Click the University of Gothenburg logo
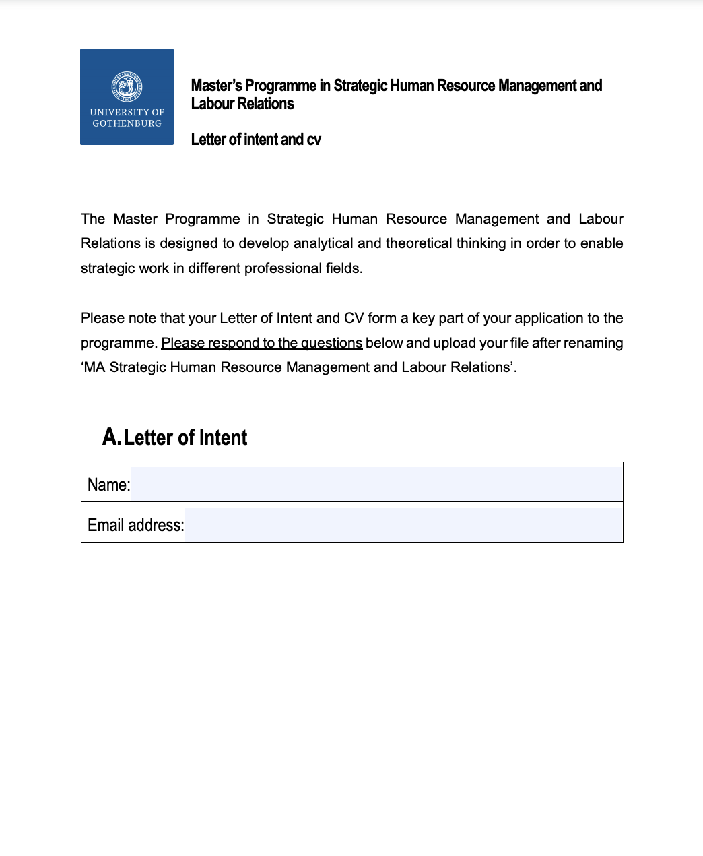(127, 96)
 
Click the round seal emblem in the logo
(127, 87)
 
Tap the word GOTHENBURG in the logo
(127, 123)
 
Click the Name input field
(376, 484)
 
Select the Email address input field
(403, 524)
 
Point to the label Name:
(108, 485)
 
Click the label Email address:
(135, 525)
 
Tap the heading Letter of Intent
(185, 437)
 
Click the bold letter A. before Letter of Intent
(111, 437)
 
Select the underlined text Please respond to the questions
(261, 343)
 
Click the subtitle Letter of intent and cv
(256, 140)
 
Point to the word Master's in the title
(216, 86)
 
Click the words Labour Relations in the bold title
(242, 104)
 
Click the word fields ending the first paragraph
(343, 268)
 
